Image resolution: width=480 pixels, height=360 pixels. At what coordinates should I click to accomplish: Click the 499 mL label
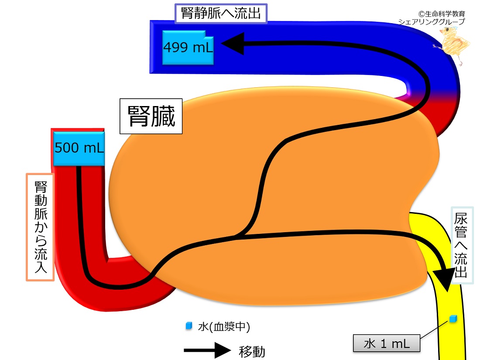click(x=188, y=48)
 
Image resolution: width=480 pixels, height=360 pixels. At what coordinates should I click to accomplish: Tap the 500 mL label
click(x=79, y=148)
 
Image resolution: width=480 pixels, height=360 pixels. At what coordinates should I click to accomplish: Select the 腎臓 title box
click(x=151, y=116)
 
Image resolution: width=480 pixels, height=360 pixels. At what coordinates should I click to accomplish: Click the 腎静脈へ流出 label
click(x=221, y=14)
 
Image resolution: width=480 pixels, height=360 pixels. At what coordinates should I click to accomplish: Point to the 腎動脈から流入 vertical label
click(x=41, y=227)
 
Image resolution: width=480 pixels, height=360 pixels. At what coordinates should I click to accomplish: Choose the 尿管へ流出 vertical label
click(x=461, y=245)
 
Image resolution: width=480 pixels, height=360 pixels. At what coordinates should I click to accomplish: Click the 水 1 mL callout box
click(x=387, y=343)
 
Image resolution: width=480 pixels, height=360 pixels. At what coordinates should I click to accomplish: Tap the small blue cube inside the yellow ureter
click(x=453, y=319)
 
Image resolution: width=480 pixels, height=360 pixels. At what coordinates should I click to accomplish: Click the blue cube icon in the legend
click(x=189, y=326)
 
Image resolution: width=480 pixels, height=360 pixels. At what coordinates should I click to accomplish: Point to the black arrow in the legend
click(x=207, y=350)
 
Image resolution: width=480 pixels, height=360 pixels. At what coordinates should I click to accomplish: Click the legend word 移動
click(x=252, y=351)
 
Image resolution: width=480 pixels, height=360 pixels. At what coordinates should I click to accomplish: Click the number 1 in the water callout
click(x=383, y=344)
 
